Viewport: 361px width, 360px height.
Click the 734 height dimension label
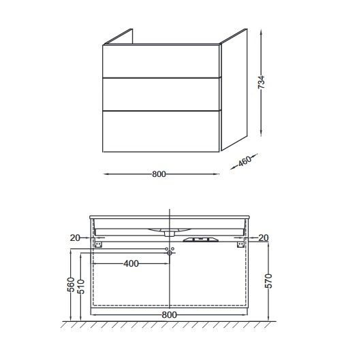tap(261, 82)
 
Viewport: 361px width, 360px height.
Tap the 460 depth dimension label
tap(245, 161)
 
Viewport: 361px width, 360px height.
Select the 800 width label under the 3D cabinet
tap(159, 174)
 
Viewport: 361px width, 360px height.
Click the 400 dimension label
tap(131, 263)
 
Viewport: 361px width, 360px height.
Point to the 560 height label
tap(71, 284)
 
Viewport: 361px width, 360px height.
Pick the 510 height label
tap(81, 287)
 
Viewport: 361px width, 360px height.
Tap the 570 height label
tap(268, 281)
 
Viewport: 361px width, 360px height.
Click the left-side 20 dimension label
tap(75, 238)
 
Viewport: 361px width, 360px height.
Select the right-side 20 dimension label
tap(264, 238)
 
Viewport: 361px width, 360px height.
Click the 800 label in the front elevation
tap(169, 315)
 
